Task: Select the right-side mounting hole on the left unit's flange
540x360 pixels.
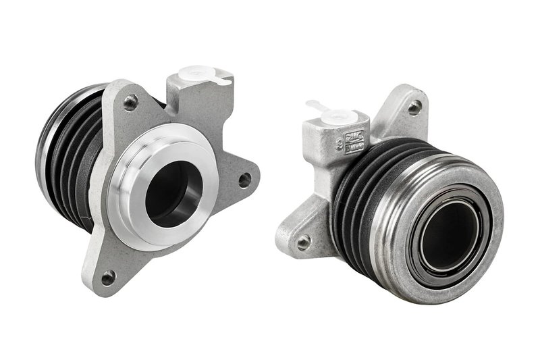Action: point(244,180)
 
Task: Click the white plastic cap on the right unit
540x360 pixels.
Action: point(337,117)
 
